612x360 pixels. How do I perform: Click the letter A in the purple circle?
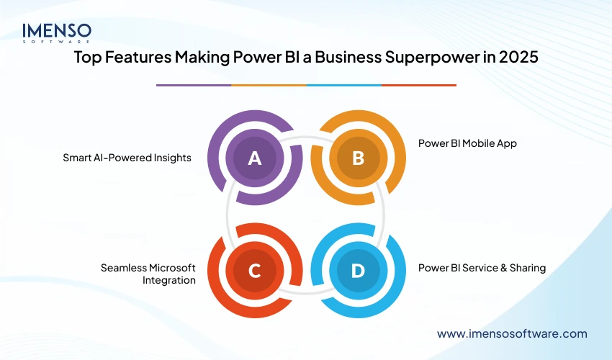[x=254, y=158]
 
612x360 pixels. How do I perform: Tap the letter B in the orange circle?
[x=358, y=158]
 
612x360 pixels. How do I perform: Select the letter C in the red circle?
[x=254, y=271]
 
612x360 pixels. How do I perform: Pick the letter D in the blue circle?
[x=358, y=271]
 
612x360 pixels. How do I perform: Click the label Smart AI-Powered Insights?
[x=127, y=158]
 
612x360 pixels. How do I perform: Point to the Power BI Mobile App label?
[x=467, y=143]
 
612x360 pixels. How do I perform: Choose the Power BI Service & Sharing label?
[x=482, y=268]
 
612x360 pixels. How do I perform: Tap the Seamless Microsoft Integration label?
[x=148, y=274]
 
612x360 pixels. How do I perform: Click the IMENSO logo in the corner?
[x=57, y=33]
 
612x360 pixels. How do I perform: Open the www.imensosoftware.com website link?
[x=512, y=333]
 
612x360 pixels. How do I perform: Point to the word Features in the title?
[x=139, y=58]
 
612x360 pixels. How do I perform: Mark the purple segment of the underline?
[x=194, y=85]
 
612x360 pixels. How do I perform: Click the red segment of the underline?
[x=418, y=85]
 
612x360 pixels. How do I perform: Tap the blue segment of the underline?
[x=343, y=85]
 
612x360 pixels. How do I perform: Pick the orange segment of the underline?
[x=269, y=85]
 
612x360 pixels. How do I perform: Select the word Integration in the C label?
[x=171, y=280]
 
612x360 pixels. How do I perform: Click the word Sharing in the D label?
[x=526, y=268]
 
